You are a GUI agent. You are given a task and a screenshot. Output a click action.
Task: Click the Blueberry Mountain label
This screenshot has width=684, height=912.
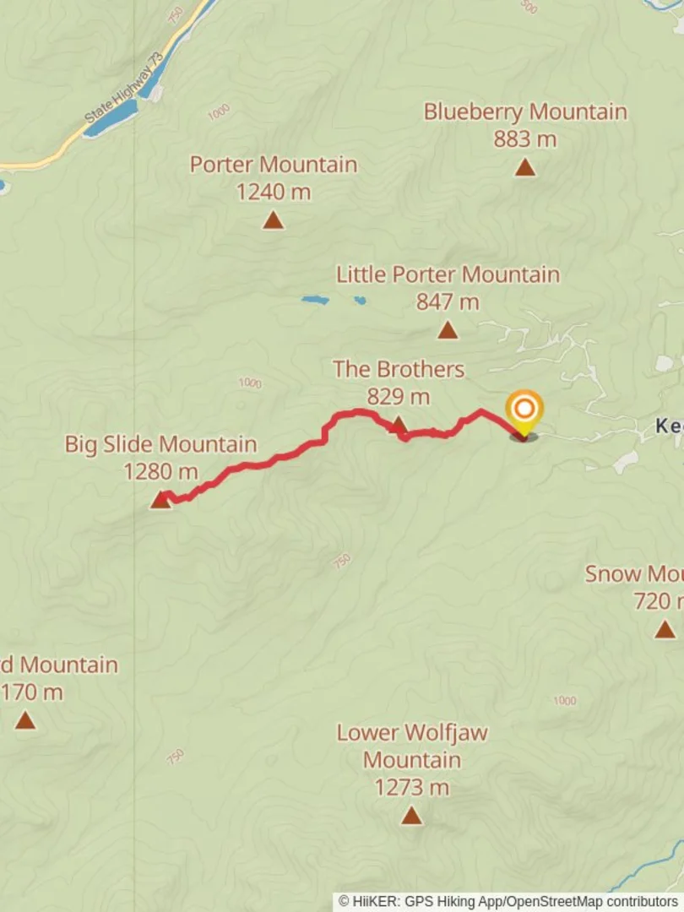(525, 111)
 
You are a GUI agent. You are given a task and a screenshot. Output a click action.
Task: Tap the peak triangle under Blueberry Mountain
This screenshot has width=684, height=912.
(525, 167)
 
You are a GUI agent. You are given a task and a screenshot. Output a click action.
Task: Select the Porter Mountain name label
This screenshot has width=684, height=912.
(273, 164)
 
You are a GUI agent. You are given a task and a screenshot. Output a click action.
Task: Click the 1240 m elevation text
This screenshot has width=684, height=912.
(273, 192)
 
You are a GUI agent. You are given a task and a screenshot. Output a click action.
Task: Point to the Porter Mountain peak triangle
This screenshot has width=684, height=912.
(273, 220)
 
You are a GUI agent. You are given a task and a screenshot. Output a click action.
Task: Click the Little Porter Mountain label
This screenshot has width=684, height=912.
(448, 274)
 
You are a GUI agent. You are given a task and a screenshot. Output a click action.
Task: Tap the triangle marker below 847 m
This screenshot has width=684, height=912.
(448, 330)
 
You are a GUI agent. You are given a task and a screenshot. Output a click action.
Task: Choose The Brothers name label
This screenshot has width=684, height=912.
(399, 369)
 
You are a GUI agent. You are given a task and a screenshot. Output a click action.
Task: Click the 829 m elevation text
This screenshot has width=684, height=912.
(399, 396)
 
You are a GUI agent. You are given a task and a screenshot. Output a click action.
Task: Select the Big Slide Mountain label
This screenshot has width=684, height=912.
(160, 444)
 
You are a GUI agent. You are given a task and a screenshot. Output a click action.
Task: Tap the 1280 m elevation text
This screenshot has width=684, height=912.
(160, 471)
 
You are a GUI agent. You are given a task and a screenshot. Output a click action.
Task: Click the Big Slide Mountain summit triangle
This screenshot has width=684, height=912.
(160, 500)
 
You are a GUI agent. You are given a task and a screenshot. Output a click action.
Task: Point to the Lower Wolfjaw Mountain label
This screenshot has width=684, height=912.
(412, 746)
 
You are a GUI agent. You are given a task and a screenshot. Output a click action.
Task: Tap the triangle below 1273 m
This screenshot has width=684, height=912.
(411, 815)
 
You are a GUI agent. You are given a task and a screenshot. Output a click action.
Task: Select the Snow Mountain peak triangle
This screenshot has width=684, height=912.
(665, 629)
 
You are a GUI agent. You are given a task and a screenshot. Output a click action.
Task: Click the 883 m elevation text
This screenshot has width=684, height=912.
(525, 139)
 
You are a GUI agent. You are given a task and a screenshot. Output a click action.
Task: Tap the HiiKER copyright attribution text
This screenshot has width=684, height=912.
(508, 902)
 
